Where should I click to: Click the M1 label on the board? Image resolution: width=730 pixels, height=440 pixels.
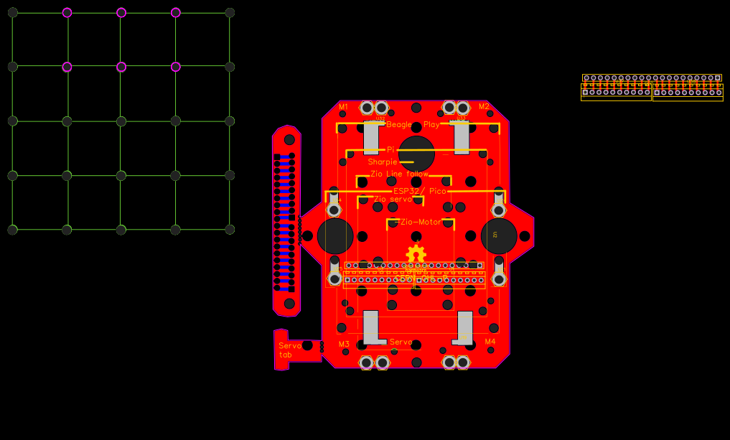(x=343, y=107)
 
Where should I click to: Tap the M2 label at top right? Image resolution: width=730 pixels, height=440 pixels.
(x=484, y=107)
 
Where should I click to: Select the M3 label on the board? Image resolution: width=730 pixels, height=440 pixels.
(x=344, y=344)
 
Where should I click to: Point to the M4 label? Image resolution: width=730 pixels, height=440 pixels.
(x=490, y=342)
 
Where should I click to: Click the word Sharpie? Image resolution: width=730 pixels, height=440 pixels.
(x=383, y=162)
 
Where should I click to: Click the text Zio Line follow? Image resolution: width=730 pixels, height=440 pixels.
(x=399, y=174)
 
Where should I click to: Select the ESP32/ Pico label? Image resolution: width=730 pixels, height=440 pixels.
(x=419, y=191)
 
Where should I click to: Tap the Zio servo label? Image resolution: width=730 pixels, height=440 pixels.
(x=393, y=199)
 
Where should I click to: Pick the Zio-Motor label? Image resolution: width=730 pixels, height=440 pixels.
(x=420, y=223)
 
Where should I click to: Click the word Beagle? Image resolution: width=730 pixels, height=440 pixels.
(x=399, y=124)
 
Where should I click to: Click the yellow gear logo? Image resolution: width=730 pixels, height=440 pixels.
(x=416, y=254)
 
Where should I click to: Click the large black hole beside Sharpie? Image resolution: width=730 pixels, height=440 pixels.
(x=416, y=154)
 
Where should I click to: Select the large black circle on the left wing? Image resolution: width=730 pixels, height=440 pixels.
(x=335, y=236)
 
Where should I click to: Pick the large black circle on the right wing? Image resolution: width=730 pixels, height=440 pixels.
(x=499, y=236)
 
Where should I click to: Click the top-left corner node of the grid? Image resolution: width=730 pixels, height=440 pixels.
(x=12, y=12)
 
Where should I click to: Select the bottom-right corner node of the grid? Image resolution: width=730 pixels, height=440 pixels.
(x=230, y=230)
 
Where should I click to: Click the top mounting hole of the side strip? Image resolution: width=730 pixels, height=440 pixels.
(x=289, y=139)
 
